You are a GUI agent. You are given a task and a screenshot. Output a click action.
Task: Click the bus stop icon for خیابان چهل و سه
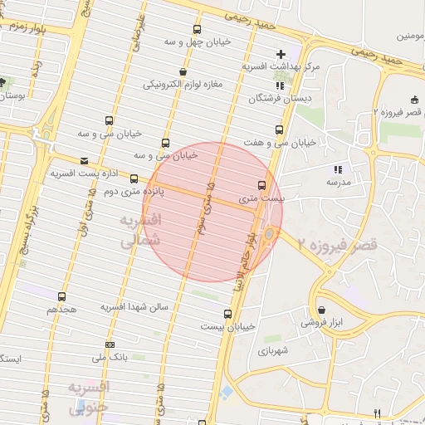(198, 26)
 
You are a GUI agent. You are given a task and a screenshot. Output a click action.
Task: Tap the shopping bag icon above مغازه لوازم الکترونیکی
(183, 71)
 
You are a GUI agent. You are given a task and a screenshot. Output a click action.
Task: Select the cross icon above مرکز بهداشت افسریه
(281, 54)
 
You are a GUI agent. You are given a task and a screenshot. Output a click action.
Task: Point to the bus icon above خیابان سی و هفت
(278, 129)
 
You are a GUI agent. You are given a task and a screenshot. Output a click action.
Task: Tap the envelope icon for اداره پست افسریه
(83, 161)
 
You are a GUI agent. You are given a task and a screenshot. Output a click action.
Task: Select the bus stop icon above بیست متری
(262, 185)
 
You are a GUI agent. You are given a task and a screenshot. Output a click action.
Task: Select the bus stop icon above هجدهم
(61, 296)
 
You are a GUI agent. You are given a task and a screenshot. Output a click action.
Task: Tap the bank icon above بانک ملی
(110, 344)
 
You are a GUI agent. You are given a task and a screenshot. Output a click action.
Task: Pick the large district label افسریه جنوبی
(88, 397)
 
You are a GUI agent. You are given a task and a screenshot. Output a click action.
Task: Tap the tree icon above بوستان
(3, 83)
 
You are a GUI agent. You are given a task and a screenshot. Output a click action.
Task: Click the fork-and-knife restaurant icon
(377, 413)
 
